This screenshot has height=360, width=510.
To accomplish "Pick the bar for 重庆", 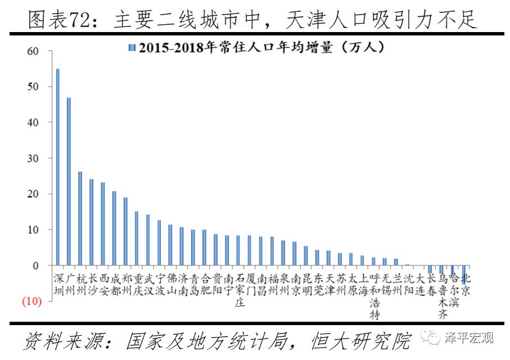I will (x=137, y=238).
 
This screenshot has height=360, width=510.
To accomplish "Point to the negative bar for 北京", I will (x=464, y=271).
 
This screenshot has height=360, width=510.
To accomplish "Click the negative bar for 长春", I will (x=430, y=269).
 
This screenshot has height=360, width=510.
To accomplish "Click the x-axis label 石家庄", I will (x=240, y=290).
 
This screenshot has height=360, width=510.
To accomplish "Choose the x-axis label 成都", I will (x=115, y=285).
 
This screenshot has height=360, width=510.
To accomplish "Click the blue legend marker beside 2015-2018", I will (x=133, y=48).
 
